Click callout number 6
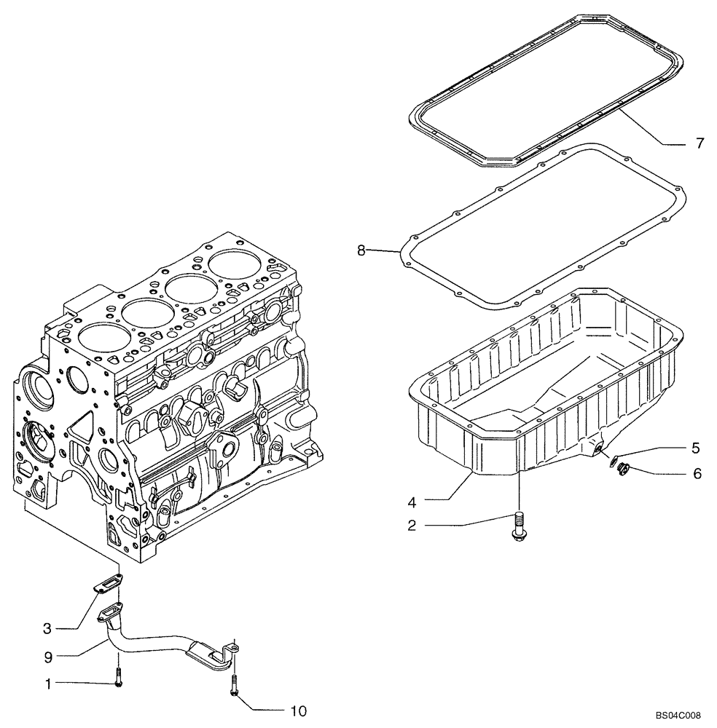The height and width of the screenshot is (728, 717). click(x=697, y=473)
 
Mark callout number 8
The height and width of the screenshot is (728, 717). click(x=361, y=250)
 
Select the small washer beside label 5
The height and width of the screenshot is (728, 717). click(x=613, y=461)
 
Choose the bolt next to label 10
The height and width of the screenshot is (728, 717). click(x=233, y=684)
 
